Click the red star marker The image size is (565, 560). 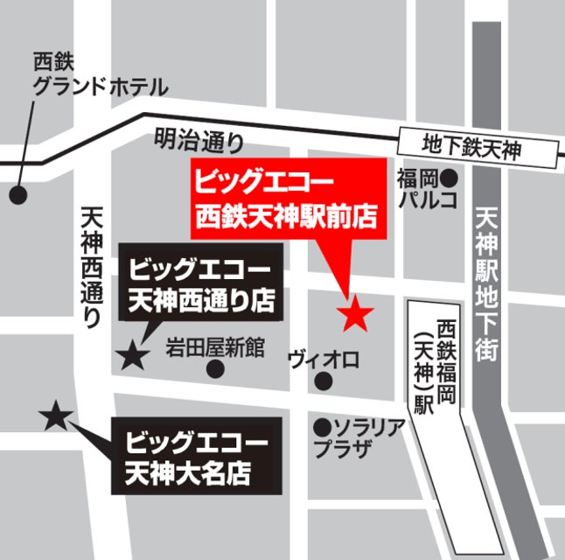(355, 314)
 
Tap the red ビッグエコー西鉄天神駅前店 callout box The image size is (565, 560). (289, 200)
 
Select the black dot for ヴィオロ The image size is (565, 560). (324, 381)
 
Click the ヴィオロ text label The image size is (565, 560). (324, 360)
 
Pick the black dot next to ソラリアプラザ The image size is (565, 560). (323, 428)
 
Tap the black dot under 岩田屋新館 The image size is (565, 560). (214, 369)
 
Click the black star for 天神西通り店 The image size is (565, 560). (132, 354)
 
